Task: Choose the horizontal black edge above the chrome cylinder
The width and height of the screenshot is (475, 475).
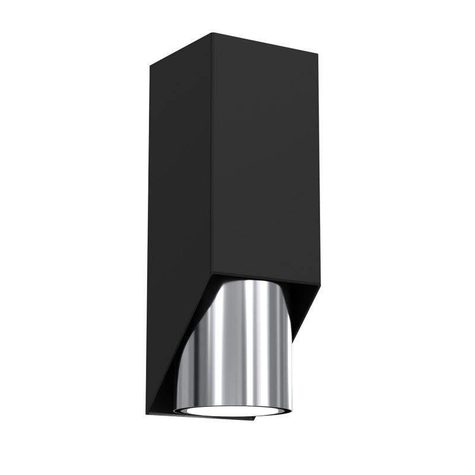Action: pos(261,278)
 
